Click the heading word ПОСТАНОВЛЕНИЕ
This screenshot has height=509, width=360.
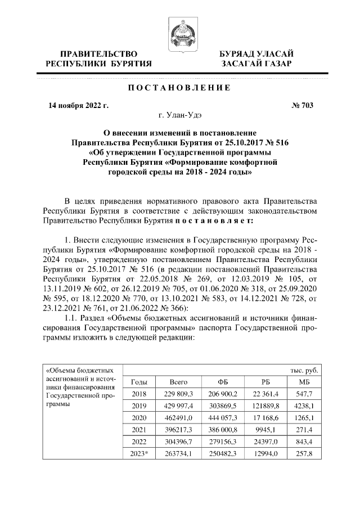click(179, 88)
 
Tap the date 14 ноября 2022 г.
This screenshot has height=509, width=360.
click(78, 105)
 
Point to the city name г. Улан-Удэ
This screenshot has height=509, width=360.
click(179, 116)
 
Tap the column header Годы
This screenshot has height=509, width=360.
click(138, 382)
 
